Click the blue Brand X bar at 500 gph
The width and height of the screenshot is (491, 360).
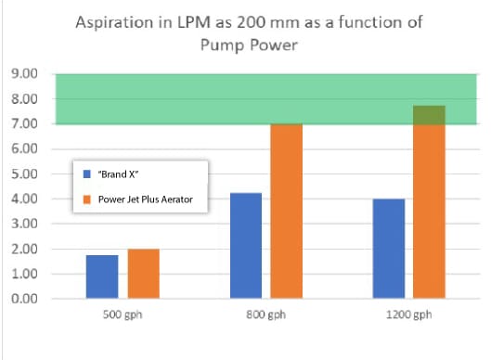tap(102, 276)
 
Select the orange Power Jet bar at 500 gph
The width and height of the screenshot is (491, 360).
tap(143, 274)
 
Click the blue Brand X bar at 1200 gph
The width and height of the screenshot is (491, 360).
tap(388, 248)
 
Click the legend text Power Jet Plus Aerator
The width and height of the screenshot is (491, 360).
tap(146, 199)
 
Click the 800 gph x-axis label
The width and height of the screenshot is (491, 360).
tap(265, 315)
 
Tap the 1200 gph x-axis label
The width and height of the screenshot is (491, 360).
tap(408, 315)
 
